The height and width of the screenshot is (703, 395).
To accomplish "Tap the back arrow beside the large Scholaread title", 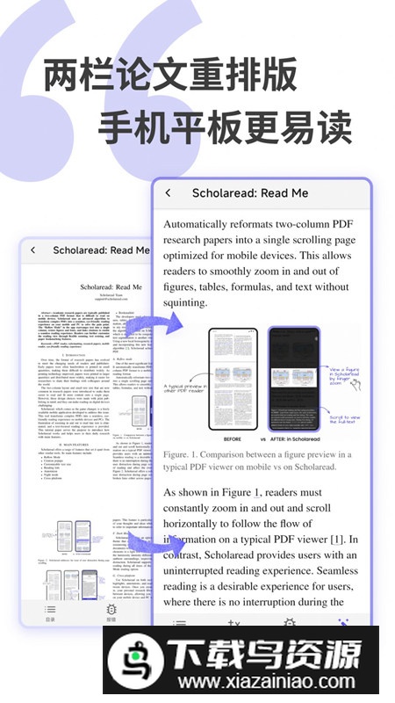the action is click(x=169, y=193).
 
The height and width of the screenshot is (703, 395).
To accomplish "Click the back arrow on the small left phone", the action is click(x=32, y=250).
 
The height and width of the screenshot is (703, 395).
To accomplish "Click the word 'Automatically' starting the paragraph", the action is click(x=205, y=224).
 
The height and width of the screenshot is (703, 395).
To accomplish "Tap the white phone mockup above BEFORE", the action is click(x=235, y=378).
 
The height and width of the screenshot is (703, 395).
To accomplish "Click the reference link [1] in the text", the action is click(x=336, y=539).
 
